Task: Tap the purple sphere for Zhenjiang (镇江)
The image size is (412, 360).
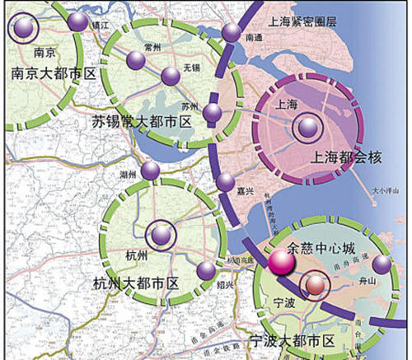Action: pos(77,21)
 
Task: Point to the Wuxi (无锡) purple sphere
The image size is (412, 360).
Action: pos(171,76)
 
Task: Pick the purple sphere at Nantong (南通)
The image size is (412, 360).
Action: pos(231,32)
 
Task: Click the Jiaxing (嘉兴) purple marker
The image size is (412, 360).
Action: pos(225,181)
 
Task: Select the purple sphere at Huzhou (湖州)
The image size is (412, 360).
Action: pos(150,171)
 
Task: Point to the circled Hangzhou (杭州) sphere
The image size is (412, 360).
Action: pos(162,235)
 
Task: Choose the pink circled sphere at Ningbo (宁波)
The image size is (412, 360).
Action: pos(314,286)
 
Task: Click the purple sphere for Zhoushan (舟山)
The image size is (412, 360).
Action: pos(382,264)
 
